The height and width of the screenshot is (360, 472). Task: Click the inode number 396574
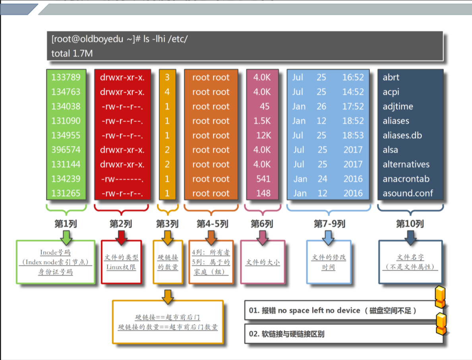[x=66, y=150]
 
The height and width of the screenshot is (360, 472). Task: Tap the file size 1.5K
[x=262, y=121]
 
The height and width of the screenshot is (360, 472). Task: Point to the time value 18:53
[x=353, y=135]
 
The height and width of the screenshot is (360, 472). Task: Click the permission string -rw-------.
[x=122, y=179]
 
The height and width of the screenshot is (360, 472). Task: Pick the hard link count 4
[x=167, y=92]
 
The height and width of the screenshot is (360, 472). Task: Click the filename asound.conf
[x=408, y=194]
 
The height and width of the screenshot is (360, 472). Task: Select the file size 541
[x=263, y=179]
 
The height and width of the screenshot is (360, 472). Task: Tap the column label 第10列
[x=410, y=224]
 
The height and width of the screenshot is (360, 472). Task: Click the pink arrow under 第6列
[x=262, y=237]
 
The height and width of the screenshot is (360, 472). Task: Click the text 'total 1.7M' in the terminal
[x=72, y=53]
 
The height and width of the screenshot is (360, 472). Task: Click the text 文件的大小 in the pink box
[x=263, y=262]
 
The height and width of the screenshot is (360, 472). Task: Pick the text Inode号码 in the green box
[x=55, y=252]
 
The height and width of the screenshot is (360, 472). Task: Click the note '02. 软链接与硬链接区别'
[x=286, y=334]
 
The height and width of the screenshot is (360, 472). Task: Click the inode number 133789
[x=66, y=77]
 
